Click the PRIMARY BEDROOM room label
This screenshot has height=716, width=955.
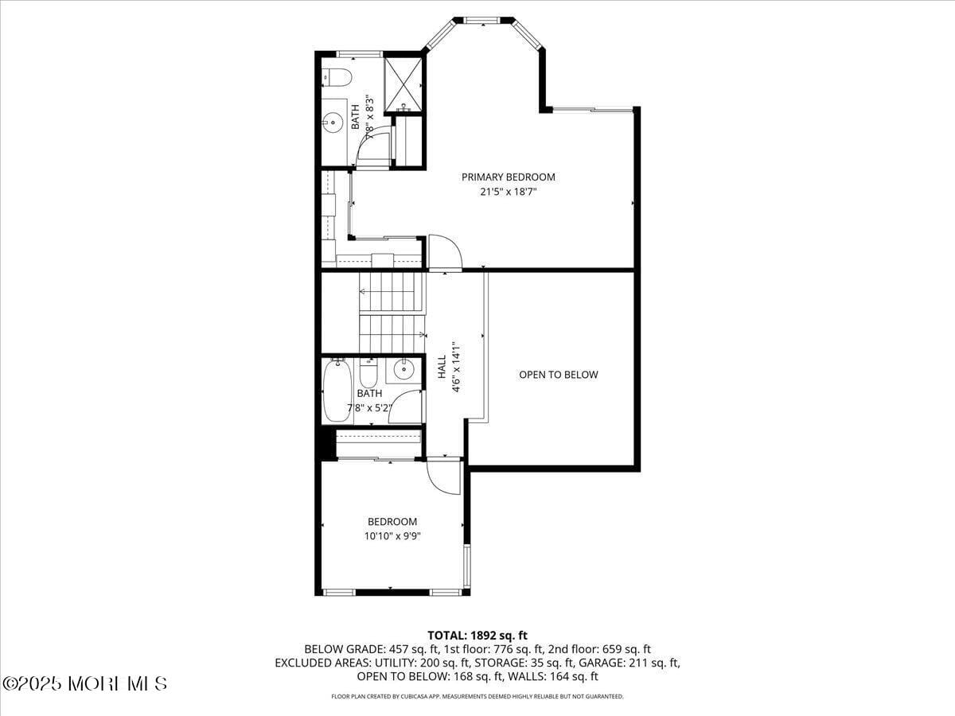click(509, 177)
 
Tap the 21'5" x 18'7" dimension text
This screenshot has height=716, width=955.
click(509, 192)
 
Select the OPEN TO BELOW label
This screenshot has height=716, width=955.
click(558, 375)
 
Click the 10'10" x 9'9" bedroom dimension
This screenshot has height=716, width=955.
click(392, 536)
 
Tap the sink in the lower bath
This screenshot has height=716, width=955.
click(403, 368)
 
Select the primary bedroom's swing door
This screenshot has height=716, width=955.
click(444, 251)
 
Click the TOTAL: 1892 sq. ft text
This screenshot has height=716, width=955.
click(477, 635)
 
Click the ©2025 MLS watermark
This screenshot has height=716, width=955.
click(84, 683)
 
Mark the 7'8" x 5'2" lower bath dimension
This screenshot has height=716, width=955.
click(370, 409)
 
